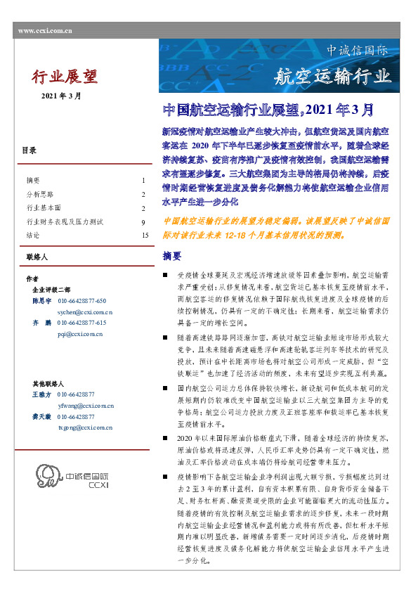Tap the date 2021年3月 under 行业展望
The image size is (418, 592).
[x=61, y=96]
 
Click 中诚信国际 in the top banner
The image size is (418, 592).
[x=357, y=51]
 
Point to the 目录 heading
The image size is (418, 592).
[x=29, y=150]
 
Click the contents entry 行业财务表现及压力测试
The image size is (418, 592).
[x=65, y=222]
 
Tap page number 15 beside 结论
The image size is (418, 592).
[x=144, y=236]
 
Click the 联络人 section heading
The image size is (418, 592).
[x=36, y=258]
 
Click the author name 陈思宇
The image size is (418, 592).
[x=41, y=300]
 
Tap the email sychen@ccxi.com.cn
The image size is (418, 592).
[x=85, y=310]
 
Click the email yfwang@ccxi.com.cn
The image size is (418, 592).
[x=86, y=405]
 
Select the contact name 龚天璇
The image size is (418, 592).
[x=41, y=416]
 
